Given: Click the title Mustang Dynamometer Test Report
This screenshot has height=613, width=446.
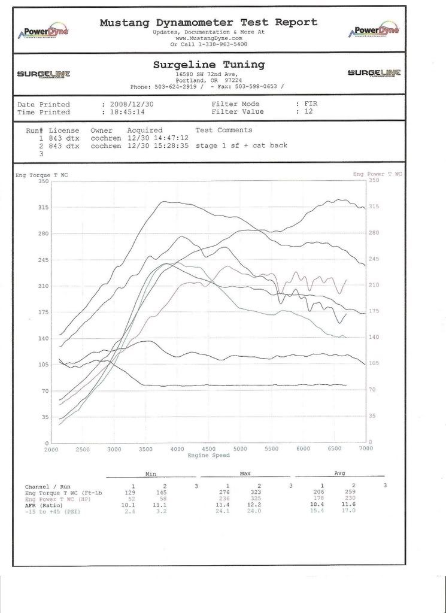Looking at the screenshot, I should pyautogui.click(x=208, y=23).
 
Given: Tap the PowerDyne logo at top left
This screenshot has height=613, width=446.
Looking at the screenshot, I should pyautogui.click(x=44, y=31).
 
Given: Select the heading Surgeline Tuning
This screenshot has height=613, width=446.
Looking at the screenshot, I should pyautogui.click(x=208, y=65).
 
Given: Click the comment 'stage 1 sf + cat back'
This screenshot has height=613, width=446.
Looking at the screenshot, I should pyautogui.click(x=241, y=145).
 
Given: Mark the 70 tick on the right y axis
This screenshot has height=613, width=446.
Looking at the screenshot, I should pyautogui.click(x=372, y=389).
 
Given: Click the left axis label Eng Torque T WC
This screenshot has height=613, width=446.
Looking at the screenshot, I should pyautogui.click(x=41, y=174).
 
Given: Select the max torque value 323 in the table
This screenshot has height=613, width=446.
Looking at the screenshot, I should pyautogui.click(x=259, y=491).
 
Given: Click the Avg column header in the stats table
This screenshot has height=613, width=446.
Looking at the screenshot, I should pyautogui.click(x=339, y=473).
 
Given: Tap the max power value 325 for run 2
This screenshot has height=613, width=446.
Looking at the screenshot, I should pyautogui.click(x=259, y=498).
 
